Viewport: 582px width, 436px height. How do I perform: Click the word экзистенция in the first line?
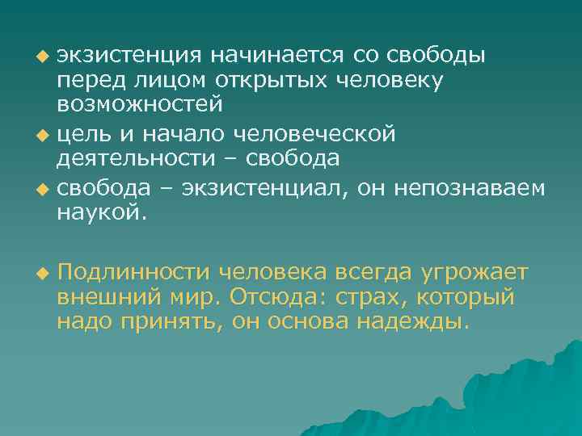pos(129,57)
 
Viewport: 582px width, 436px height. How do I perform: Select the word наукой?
pos(99,212)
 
